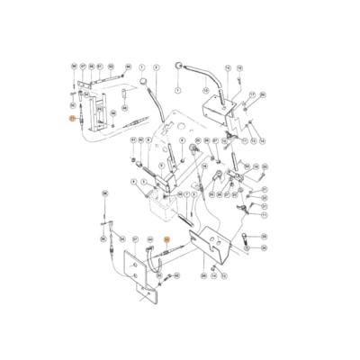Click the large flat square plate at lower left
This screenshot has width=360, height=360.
coord(141,271)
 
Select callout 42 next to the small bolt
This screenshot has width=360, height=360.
coord(176,275)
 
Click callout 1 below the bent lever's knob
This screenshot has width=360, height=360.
coord(177,91)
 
